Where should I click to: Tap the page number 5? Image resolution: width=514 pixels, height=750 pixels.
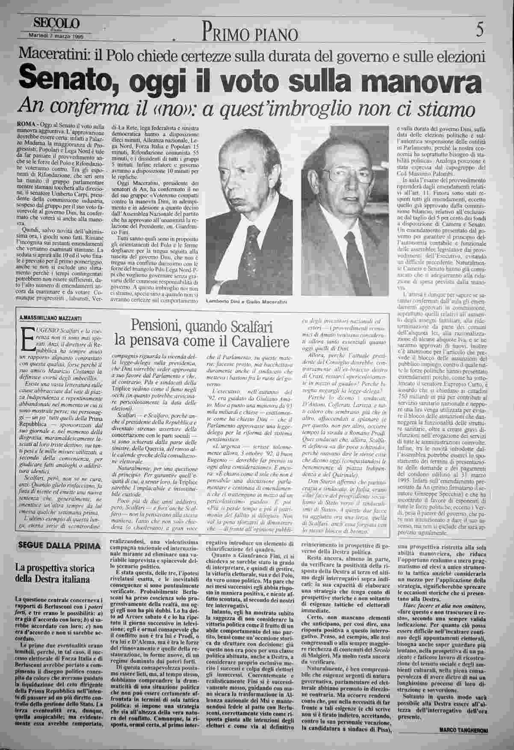coord(479,31)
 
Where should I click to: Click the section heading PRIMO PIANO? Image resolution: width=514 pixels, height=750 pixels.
coord(250,33)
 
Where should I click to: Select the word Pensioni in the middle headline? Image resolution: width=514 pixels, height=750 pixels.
coord(156,327)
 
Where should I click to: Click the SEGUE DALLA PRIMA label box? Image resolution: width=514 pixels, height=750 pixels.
coord(59,545)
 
